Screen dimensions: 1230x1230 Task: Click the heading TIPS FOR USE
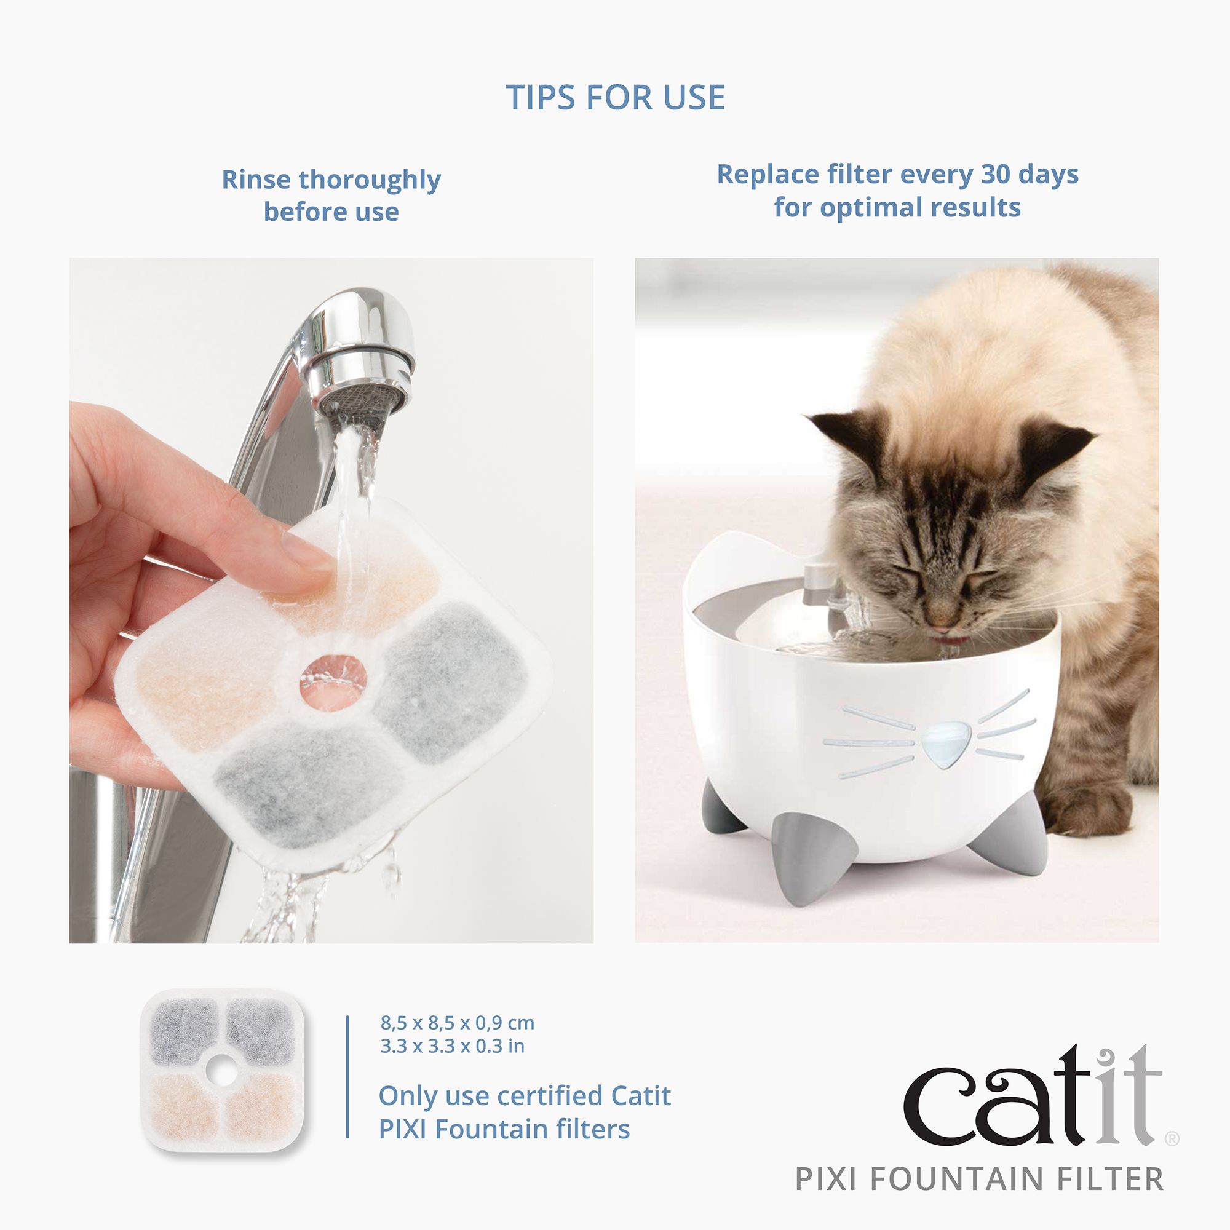[x=615, y=98]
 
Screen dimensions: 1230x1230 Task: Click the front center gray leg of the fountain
[x=792, y=854]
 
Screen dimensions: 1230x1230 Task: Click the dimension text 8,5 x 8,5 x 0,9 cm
[x=457, y=1023]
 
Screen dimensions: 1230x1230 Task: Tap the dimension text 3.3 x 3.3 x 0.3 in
[x=452, y=1046]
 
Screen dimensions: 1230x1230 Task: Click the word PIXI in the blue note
[x=403, y=1129]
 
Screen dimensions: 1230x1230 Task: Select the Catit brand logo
[x=1031, y=1096]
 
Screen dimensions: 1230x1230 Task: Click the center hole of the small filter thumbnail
[x=221, y=1072]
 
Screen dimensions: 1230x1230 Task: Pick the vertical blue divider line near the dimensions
[x=347, y=1076]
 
